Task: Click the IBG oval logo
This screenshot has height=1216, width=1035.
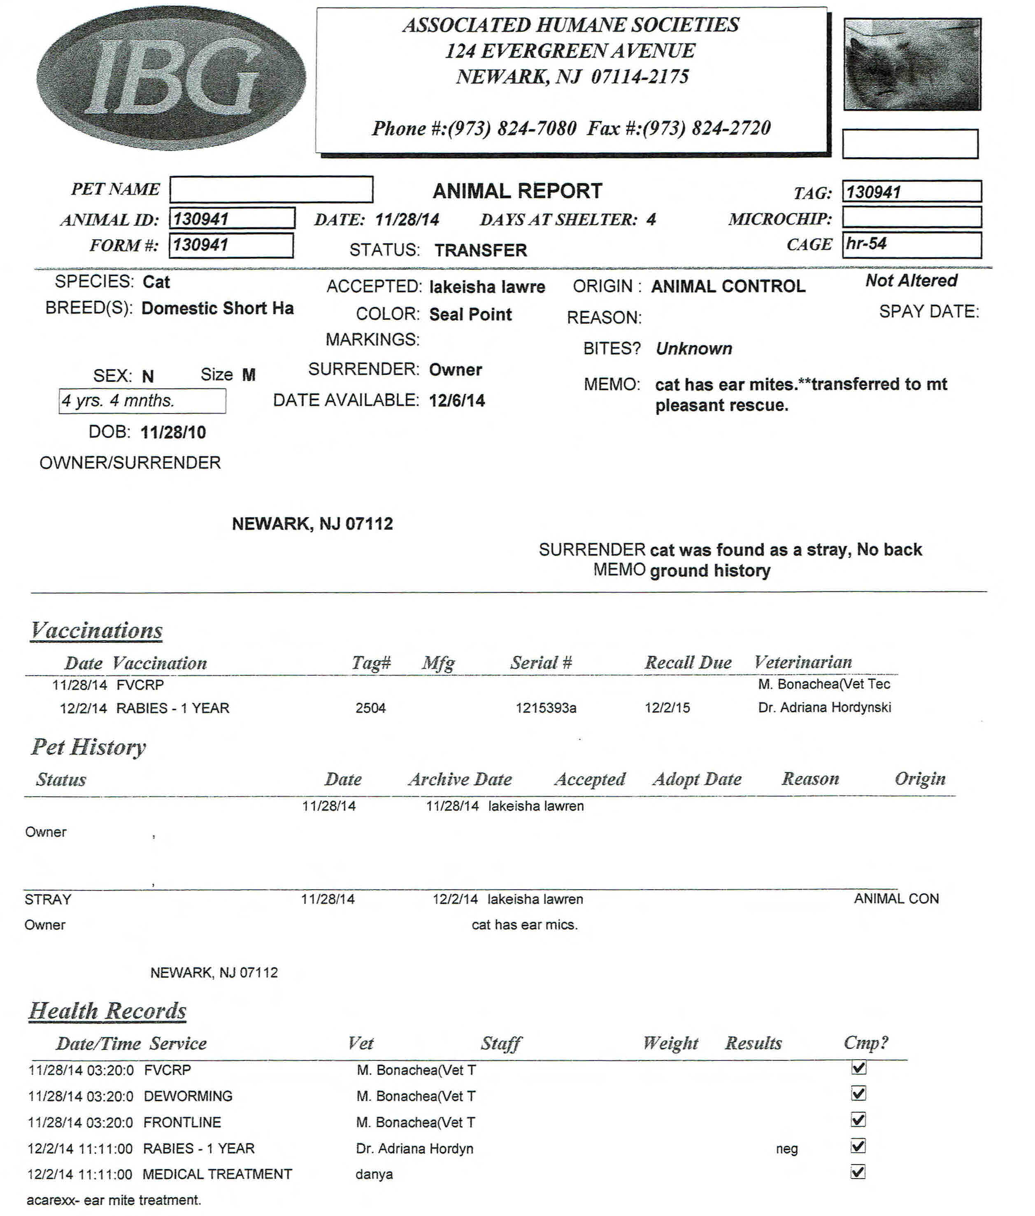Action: (x=171, y=79)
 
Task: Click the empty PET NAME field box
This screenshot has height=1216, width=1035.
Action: (x=271, y=189)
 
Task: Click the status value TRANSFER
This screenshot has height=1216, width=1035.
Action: (x=481, y=251)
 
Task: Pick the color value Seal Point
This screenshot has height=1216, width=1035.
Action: (x=470, y=314)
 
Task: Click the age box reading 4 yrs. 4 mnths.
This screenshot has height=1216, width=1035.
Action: (x=142, y=401)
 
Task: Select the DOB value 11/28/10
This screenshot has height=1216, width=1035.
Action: (x=173, y=432)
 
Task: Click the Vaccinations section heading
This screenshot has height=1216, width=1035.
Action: (x=97, y=630)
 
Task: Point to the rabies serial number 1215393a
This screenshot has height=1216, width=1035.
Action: (x=546, y=708)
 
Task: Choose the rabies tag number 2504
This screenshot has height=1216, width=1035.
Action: (x=370, y=708)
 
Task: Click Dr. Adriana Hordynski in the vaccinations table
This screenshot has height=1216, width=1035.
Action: (x=824, y=707)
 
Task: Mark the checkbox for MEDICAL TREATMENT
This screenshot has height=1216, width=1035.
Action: (x=858, y=1172)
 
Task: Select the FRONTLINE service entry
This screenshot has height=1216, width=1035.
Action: (x=182, y=1122)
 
